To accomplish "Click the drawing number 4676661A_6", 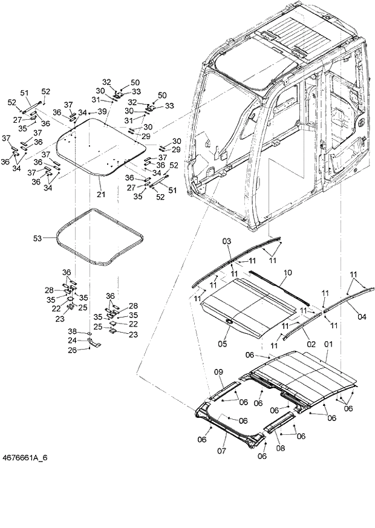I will pyautogui.click(x=25, y=457).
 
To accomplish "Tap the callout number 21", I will pyautogui.click(x=101, y=194).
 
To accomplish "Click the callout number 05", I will pyautogui.click(x=222, y=345).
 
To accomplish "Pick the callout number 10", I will pyautogui.click(x=287, y=273).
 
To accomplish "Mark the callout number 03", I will pyautogui.click(x=226, y=241).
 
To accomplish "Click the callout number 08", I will pyautogui.click(x=281, y=449).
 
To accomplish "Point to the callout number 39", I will pyautogui.click(x=102, y=111).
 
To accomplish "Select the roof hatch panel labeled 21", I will pyautogui.click(x=97, y=148).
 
